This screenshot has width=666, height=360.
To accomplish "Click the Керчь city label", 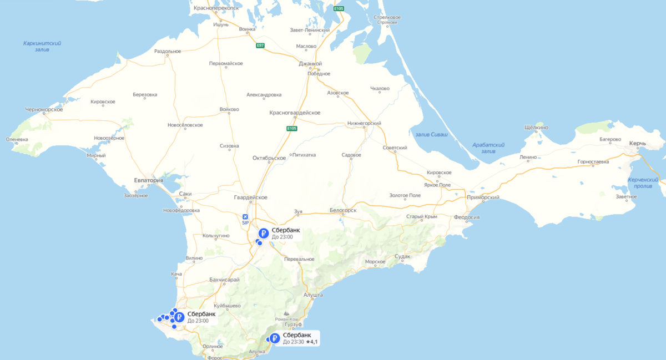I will coord(637,144).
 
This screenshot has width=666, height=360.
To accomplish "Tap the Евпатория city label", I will coord(149,180).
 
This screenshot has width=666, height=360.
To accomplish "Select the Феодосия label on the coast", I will coord(466,217).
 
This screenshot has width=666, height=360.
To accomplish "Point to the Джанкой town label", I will coord(310,63).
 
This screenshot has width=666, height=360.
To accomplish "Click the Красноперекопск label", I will coord(216,8).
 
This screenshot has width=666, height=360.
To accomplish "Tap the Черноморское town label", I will coord(44,109).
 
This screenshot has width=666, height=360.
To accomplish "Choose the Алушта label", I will coord(314,295).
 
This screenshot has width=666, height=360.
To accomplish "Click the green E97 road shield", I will coord(260,45).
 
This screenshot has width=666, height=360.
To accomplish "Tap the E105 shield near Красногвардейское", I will coord(292,129).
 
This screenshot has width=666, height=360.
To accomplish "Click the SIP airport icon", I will coord(245,216).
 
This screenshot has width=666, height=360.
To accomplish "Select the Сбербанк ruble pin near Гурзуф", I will coord(274,338).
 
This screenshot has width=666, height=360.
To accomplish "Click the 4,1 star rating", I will coord(312,342).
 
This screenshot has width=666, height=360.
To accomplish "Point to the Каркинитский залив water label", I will coord(42,46).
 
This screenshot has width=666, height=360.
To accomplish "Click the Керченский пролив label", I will coord(643,183).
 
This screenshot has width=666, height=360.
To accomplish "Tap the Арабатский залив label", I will coord(488,148).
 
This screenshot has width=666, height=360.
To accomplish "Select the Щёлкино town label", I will coord(536,128).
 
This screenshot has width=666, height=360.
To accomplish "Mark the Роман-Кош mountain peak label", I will coord(287,320).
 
